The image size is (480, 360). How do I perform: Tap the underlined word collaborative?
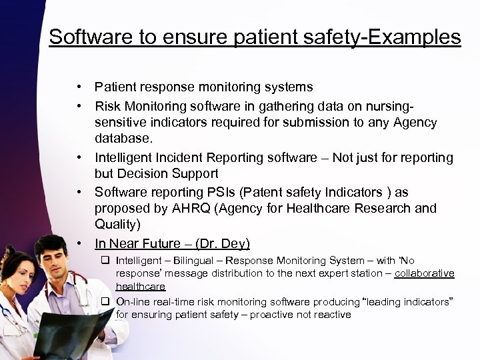tap(424, 273)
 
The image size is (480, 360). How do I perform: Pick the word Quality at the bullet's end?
tap(116, 224)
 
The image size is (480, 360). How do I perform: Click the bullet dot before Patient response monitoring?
tap(79, 87)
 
